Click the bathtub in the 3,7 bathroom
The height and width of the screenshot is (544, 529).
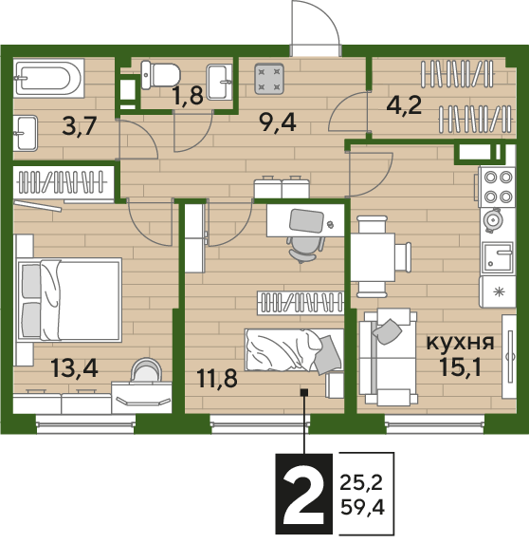pos(48,78)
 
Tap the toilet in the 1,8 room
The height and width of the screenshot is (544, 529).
pos(161,75)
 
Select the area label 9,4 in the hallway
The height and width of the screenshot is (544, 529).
pos(279,122)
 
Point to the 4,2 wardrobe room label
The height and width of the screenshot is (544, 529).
pos(404,105)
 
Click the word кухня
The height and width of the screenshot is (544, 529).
pos(460,343)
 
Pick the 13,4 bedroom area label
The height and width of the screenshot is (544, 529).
pos(75,367)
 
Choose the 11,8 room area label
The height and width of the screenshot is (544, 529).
pos(217,378)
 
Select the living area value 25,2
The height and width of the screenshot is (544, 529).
pos(361,482)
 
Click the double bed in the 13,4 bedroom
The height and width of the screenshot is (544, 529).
pos(70,300)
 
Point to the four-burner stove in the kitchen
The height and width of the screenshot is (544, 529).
pos(497,187)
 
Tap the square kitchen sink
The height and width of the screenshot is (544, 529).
pos(498,257)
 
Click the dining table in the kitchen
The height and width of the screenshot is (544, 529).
pos(374,256)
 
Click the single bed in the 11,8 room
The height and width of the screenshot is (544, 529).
pos(294,350)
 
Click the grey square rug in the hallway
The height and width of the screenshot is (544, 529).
pos(269,79)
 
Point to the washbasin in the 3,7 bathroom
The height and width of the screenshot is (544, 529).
pos(26,133)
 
